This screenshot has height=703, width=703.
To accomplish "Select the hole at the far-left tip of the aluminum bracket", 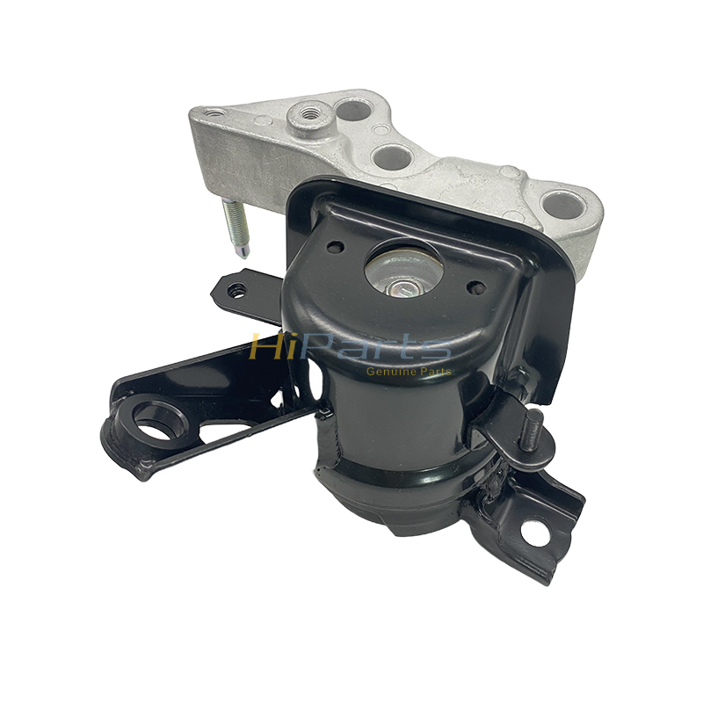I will [214, 112].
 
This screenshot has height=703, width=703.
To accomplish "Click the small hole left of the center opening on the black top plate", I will [334, 247].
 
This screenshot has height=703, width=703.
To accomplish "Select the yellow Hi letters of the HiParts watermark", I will [267, 347].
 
